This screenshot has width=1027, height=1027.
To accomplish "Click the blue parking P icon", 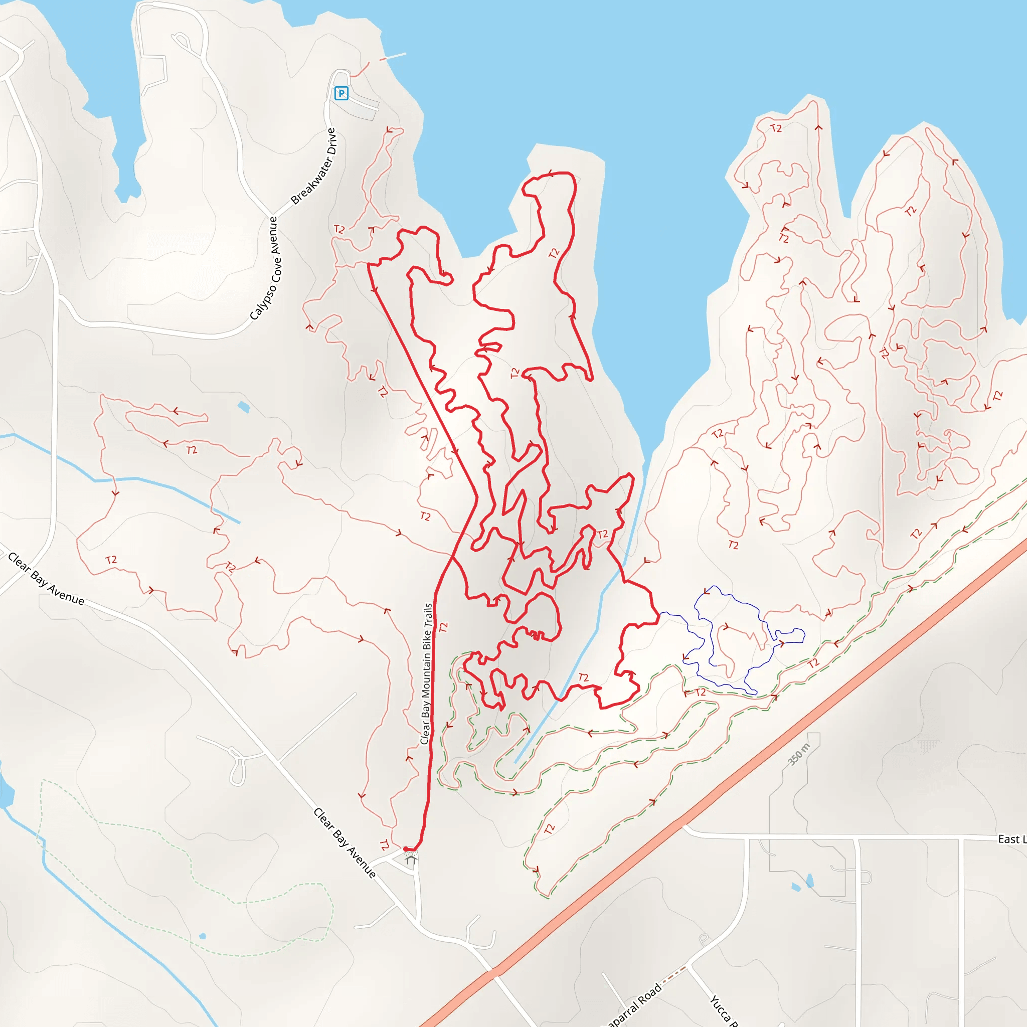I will pyautogui.click(x=341, y=94).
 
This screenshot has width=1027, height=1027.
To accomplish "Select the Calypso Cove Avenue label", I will pyautogui.click(x=267, y=268).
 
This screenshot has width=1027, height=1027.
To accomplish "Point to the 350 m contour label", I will pyautogui.click(x=798, y=754).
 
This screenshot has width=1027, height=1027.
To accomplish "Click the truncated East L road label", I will pyautogui.click(x=1010, y=839).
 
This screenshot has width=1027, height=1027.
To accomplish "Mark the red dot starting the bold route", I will pyautogui.click(x=406, y=849).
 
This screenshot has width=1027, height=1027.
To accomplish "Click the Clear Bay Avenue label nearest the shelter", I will pyautogui.click(x=345, y=842).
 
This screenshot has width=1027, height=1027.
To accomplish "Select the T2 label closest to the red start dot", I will pyautogui.click(x=384, y=844).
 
